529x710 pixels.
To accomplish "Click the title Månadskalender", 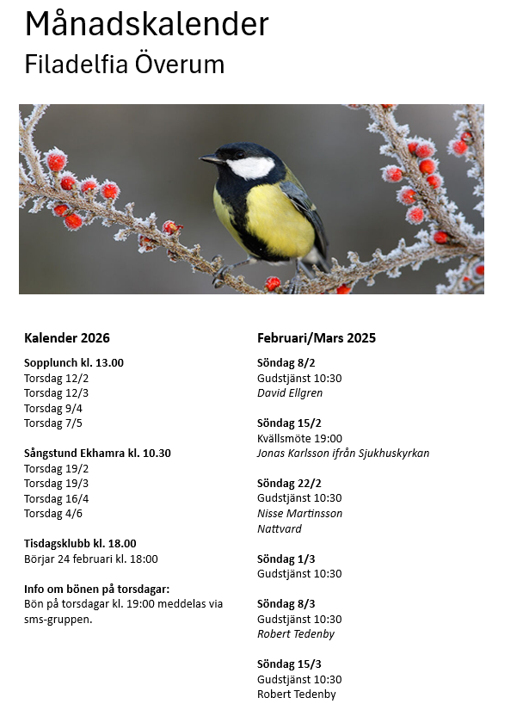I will tap(146, 24).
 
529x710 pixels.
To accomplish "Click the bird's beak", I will tap(210, 159).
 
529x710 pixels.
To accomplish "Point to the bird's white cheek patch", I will tap(250, 167).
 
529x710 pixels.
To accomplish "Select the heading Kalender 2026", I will tap(67, 338).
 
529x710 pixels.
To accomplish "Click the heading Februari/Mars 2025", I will tap(317, 338).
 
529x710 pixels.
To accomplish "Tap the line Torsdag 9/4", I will tap(53, 408).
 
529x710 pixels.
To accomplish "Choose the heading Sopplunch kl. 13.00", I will tap(74, 362).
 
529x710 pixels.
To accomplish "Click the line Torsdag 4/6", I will tap(53, 514).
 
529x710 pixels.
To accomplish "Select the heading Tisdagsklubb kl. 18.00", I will tap(80, 544).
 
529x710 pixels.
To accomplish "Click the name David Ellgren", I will tap(290, 393).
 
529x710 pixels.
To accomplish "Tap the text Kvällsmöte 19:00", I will tap(299, 438).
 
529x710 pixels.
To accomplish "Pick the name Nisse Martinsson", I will tap(299, 514).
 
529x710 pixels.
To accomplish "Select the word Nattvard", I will tap(280, 528).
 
